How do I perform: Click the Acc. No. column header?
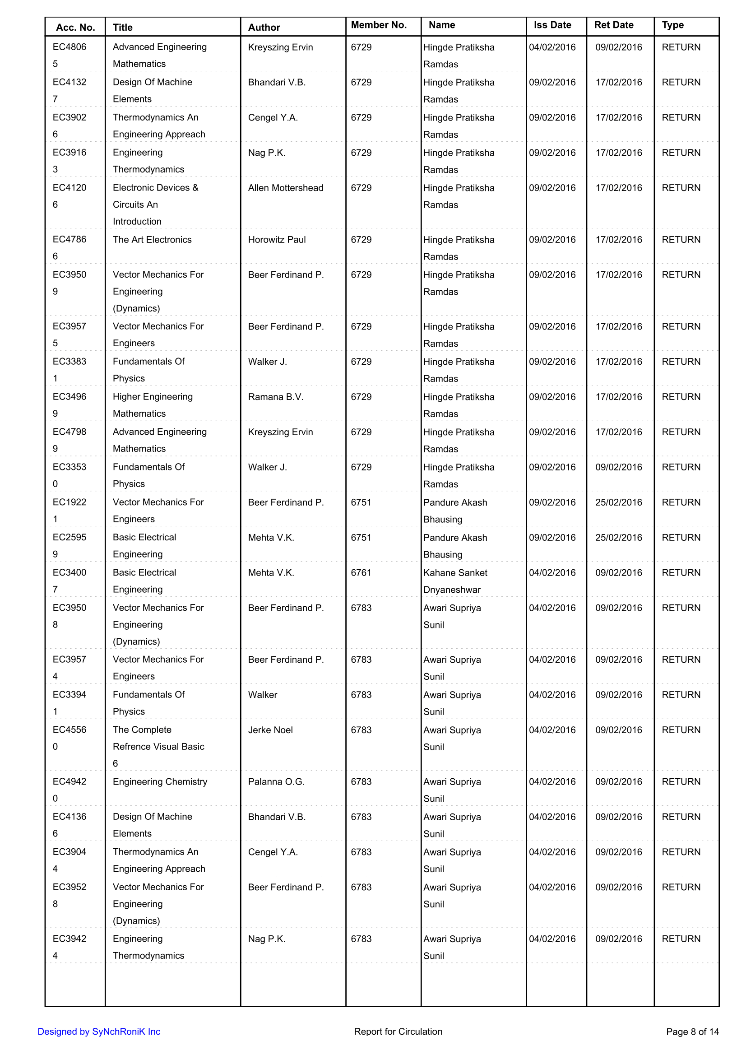click(x=75, y=27)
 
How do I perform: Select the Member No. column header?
click(x=379, y=25)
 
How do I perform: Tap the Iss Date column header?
click(x=552, y=25)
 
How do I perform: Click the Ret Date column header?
click(x=614, y=25)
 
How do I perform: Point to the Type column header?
click(x=672, y=25)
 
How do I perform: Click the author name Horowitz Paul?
click(x=277, y=239)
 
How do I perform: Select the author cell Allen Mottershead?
click(x=285, y=187)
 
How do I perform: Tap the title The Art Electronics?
click(x=152, y=239)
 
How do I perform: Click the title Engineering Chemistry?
click(x=160, y=781)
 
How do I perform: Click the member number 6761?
click(x=361, y=572)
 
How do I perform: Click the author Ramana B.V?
click(x=276, y=396)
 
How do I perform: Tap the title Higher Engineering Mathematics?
click(x=153, y=405)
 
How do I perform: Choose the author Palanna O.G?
click(x=276, y=781)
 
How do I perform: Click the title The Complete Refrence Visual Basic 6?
click(x=158, y=746)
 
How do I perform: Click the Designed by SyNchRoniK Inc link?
click(x=99, y=1032)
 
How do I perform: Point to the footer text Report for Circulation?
click(x=398, y=1032)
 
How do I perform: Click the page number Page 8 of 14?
click(x=692, y=1032)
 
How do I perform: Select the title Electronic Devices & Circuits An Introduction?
click(x=155, y=204)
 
